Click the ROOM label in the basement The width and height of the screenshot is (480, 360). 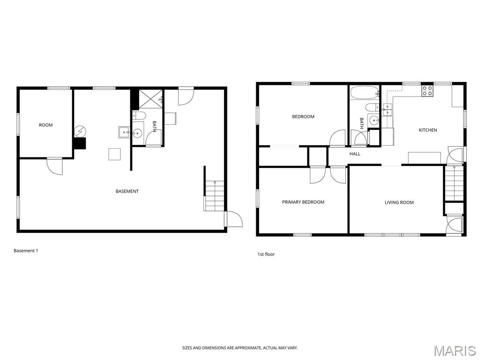pyautogui.click(x=45, y=125)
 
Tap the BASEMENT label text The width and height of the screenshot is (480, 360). pyautogui.click(x=127, y=191)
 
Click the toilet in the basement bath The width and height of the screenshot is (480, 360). pyautogui.click(x=139, y=115)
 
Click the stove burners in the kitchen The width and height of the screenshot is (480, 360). pyautogui.click(x=427, y=90)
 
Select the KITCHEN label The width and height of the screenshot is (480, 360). pyautogui.click(x=427, y=130)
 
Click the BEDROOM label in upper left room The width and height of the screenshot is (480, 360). pyautogui.click(x=303, y=117)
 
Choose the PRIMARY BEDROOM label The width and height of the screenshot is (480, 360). pyautogui.click(x=303, y=202)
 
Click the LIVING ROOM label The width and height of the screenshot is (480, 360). pyautogui.click(x=399, y=202)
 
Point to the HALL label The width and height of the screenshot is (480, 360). pyautogui.click(x=355, y=154)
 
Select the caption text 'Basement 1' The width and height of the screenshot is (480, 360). pyautogui.click(x=26, y=251)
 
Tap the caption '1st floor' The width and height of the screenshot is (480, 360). pyautogui.click(x=266, y=254)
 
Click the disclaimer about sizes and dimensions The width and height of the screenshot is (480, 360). pyautogui.click(x=240, y=348)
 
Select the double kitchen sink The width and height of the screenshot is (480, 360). pyautogui.click(x=388, y=110)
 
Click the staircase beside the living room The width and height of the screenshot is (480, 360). pyautogui.click(x=454, y=184)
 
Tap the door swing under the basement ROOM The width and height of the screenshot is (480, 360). pyautogui.click(x=55, y=166)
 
